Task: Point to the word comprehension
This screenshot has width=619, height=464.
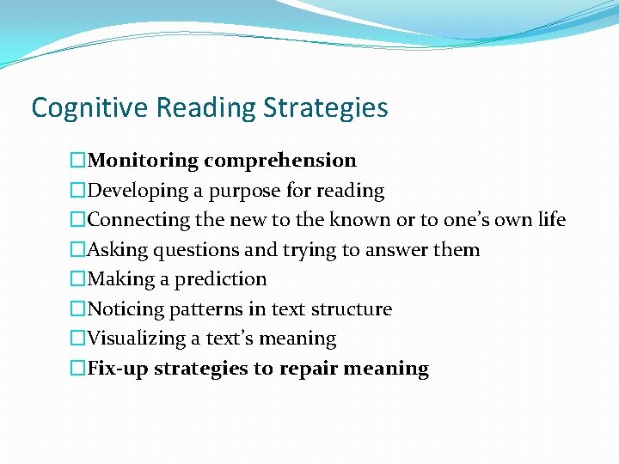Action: point(280,161)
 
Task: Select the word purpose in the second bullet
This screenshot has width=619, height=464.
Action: point(244,191)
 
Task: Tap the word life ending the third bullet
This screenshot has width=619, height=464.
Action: point(550,220)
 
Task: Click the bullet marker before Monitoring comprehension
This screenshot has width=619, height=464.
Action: point(78,161)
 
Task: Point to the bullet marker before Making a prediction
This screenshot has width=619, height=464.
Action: point(78,279)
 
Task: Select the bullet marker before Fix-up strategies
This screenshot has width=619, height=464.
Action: point(78,369)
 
